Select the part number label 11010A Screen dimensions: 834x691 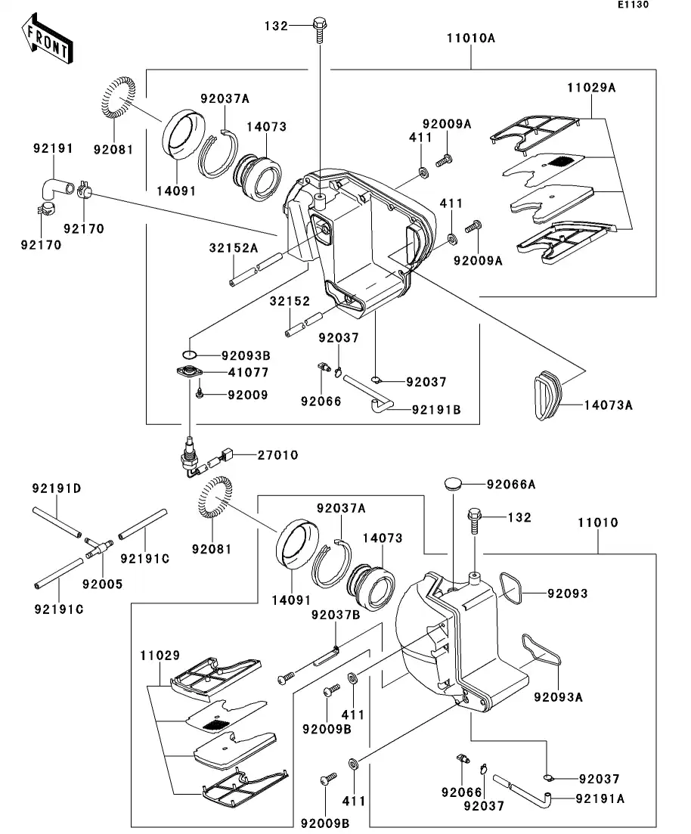470,38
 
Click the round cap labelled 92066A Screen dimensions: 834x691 453,484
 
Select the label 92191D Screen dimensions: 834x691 56,489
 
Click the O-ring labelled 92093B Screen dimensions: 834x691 190,355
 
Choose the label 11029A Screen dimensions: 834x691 591,88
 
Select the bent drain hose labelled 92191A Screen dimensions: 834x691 530,789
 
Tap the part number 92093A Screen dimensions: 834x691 558,697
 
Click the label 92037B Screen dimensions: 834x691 334,615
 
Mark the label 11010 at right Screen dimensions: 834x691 598,522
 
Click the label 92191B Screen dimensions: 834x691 436,410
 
